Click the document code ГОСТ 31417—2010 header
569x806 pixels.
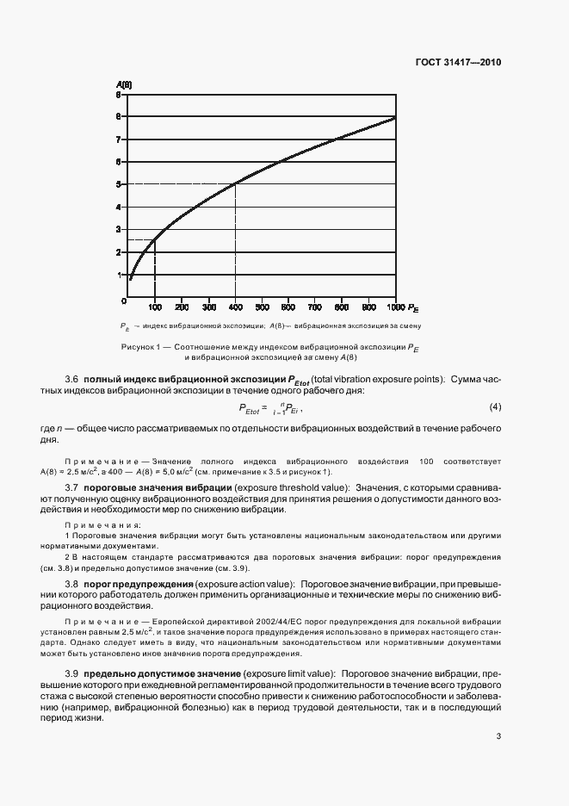pyautogui.click(x=457, y=62)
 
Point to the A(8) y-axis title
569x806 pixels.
pyautogui.click(x=124, y=84)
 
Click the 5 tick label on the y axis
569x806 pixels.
pyautogui.click(x=118, y=183)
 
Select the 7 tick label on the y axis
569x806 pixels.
pyautogui.click(x=118, y=139)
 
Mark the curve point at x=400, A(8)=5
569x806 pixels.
pyautogui.click(x=235, y=183)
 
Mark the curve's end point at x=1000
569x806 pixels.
pyautogui.click(x=396, y=116)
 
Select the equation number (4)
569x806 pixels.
pyautogui.click(x=494, y=406)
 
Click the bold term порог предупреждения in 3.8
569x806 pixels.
pyautogui.click(x=139, y=584)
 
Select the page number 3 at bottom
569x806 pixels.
pyautogui.click(x=498, y=736)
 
